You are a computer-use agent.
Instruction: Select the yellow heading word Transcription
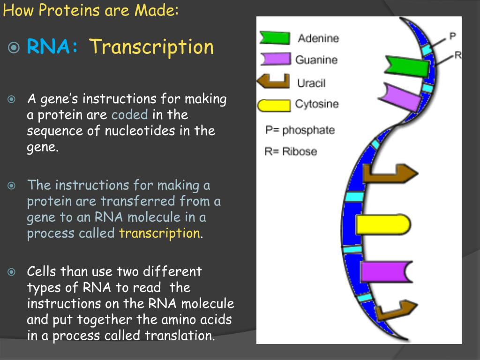coord(151,47)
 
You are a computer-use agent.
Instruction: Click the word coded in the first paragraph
coord(130,115)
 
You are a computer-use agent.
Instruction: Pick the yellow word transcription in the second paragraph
coord(159,233)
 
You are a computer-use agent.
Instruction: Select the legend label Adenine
coord(318,38)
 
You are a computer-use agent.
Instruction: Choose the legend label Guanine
coord(316,60)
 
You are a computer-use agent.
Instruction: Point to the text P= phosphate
coord(300,130)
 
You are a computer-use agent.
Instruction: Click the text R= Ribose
coord(291,151)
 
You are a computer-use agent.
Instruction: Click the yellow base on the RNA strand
coord(382,225)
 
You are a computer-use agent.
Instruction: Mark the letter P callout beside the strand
coord(452,36)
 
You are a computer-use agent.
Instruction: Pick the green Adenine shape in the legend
coord(275,38)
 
